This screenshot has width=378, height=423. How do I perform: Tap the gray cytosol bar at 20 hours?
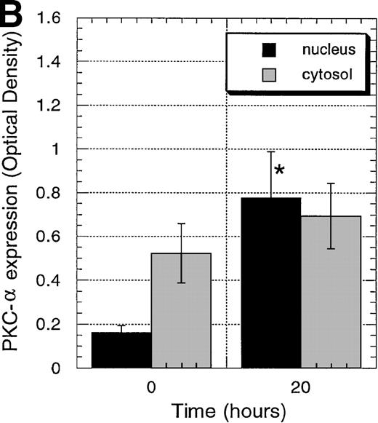tap(331, 291)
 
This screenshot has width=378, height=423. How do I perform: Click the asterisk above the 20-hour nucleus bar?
tap(278, 172)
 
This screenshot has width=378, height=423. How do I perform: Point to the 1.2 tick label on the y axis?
tap(60, 106)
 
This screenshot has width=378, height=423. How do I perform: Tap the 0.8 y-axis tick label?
tap(60, 193)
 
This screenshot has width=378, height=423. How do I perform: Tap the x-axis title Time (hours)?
tap(226, 411)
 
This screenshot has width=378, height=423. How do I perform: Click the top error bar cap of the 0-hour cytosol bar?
tap(182, 224)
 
